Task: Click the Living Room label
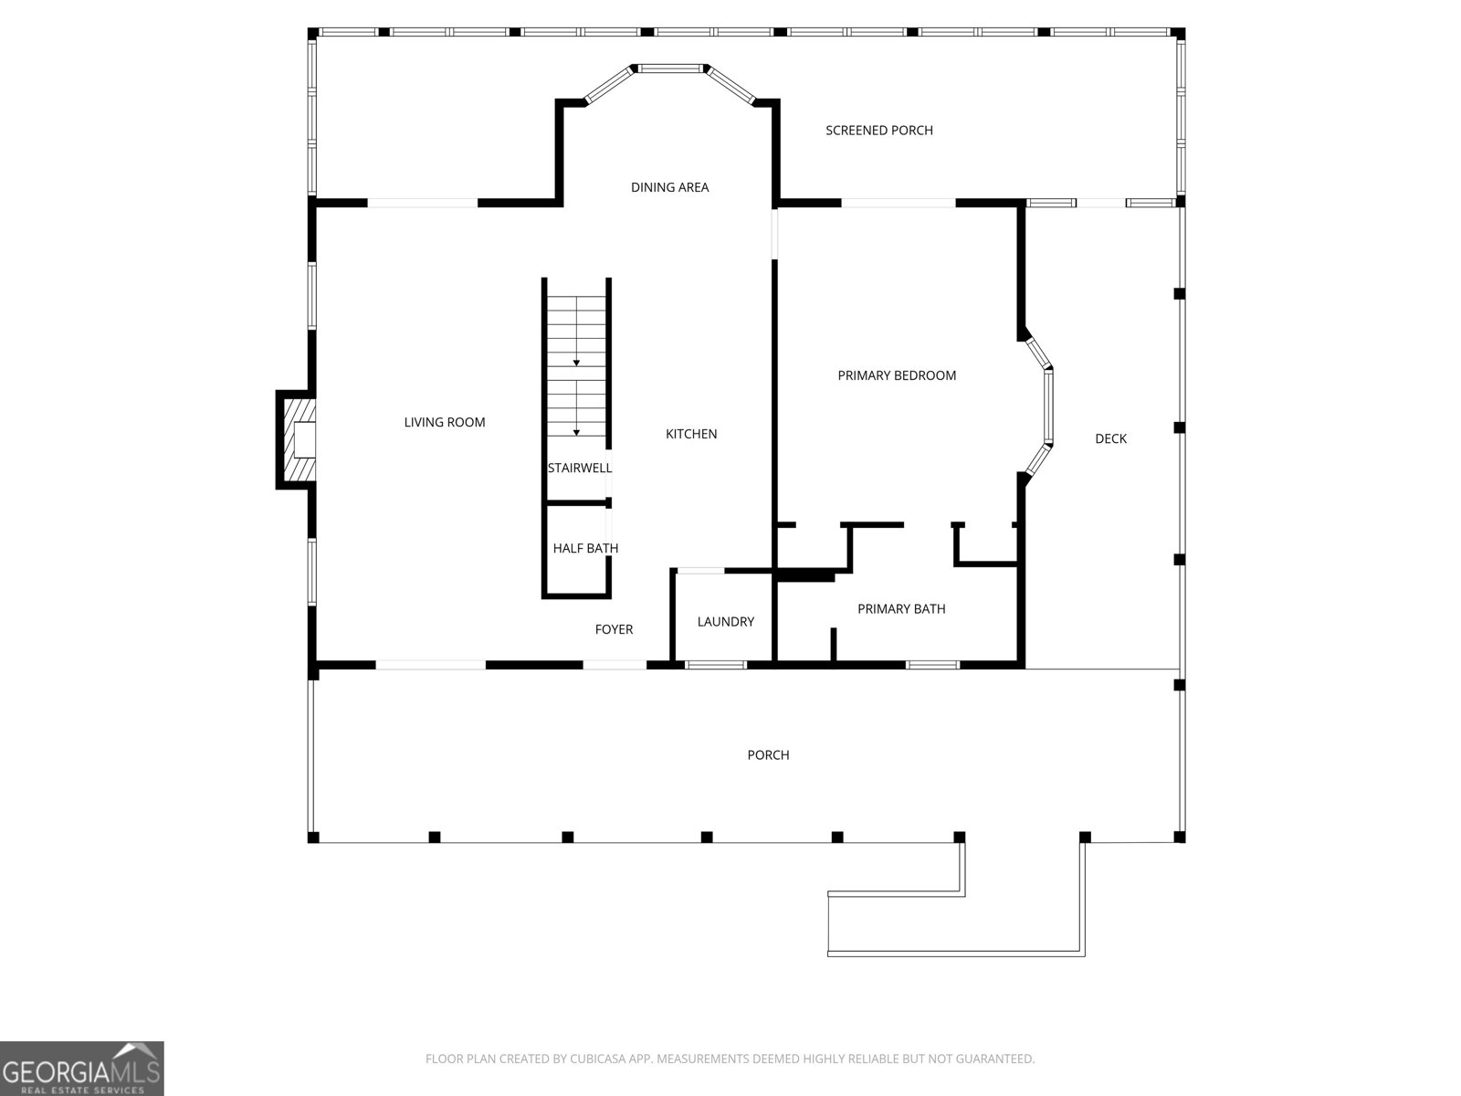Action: tap(445, 422)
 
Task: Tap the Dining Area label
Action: tap(669, 187)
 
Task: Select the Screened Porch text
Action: tap(879, 131)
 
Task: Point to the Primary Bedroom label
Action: tap(897, 375)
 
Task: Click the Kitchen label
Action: tap(691, 434)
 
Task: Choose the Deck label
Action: tap(1111, 438)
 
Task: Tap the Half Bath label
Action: tap(585, 548)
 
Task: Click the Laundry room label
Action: tap(726, 622)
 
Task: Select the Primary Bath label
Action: tap(901, 609)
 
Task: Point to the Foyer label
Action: tap(614, 629)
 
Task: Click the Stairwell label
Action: tap(580, 468)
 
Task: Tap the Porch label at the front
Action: tap(768, 755)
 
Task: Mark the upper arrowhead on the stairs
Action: tap(576, 363)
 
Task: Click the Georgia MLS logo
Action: tap(82, 1069)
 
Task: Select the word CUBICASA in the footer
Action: tap(594, 1058)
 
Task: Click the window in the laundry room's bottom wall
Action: tap(716, 665)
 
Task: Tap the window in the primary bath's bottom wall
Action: tap(932, 665)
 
